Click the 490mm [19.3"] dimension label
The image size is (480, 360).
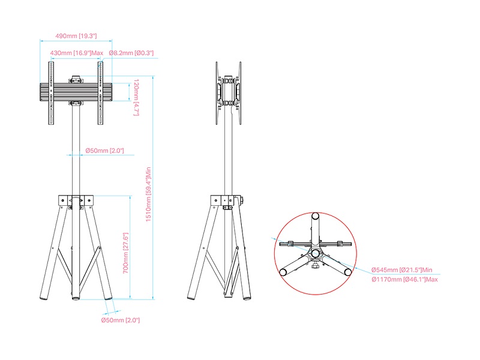pyautogui.click(x=76, y=36)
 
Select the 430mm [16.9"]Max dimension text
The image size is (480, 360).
pyautogui.click(x=77, y=53)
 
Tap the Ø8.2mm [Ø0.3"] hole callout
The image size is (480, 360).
pyautogui.click(x=131, y=53)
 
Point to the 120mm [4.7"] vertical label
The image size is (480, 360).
pyautogui.click(x=136, y=97)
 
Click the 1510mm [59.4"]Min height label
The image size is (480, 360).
pyautogui.click(x=148, y=194)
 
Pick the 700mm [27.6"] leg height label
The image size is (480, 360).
pyautogui.click(x=125, y=253)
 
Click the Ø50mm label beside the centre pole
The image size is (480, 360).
pyautogui.click(x=104, y=151)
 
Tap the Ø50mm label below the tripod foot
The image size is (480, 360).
pyautogui.click(x=121, y=320)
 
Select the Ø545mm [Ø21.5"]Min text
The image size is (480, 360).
pyautogui.click(x=402, y=270)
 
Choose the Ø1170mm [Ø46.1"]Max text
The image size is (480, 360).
pyautogui.click(x=404, y=280)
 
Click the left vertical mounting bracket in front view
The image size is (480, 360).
pyautogui.click(x=51, y=93)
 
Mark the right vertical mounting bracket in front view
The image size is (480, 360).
pyautogui.click(x=100, y=93)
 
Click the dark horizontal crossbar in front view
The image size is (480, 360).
pyautogui.click(x=76, y=92)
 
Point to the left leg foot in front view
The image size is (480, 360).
pyautogui.click(x=44, y=296)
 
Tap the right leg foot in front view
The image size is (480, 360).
pyautogui.click(x=109, y=296)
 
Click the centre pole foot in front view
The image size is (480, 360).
pyautogui.click(x=76, y=297)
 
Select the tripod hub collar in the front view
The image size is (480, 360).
pyautogui.click(x=76, y=200)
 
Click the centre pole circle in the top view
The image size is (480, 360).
pyautogui.click(x=316, y=253)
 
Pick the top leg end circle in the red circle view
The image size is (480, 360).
pyautogui.click(x=316, y=216)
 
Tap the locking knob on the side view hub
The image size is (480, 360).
pyautogui.click(x=241, y=201)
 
